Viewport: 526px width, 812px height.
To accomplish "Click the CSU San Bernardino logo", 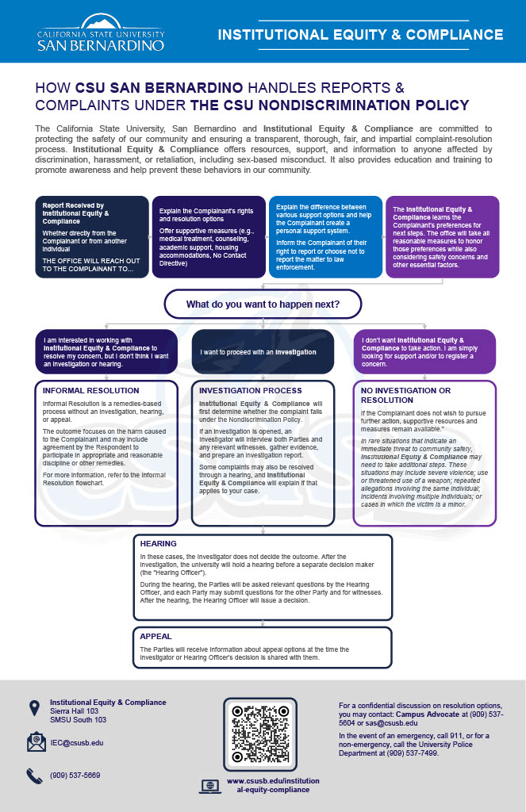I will point(101,33).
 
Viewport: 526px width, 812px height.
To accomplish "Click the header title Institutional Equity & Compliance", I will point(360,35).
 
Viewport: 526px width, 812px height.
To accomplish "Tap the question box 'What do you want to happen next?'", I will point(262,304).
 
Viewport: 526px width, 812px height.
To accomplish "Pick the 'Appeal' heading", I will point(155,636).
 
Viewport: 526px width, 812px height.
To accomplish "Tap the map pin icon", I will point(34,707).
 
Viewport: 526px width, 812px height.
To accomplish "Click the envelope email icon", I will point(36,742).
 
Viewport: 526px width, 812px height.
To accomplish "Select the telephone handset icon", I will point(34,776).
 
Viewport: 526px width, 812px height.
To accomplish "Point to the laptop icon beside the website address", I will point(209,786).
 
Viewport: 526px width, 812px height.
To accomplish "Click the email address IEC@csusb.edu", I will point(76,743).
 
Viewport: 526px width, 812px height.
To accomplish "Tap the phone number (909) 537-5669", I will point(76,775).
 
